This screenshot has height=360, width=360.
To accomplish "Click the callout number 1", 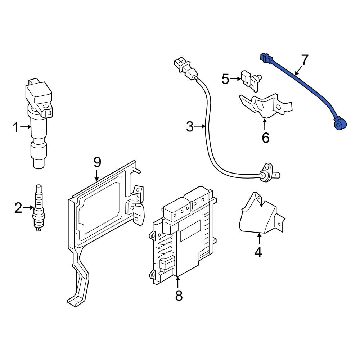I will tap(16, 127).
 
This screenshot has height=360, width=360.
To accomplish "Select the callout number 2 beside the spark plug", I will tap(18, 208).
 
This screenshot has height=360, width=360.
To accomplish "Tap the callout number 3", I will tap(190, 126).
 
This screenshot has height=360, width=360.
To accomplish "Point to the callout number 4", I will tap(258, 252).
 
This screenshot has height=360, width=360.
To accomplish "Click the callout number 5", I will tap(225, 79).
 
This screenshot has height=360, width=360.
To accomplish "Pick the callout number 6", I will tap(265, 137).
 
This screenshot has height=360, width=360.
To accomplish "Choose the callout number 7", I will tap(305, 60).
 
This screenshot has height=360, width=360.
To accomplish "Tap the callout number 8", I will tap(179, 296).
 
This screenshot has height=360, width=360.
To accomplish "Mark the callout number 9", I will tap(97, 162).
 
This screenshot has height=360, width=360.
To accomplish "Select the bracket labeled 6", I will tap(266, 105).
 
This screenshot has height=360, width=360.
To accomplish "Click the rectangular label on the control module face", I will tap(190, 231).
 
